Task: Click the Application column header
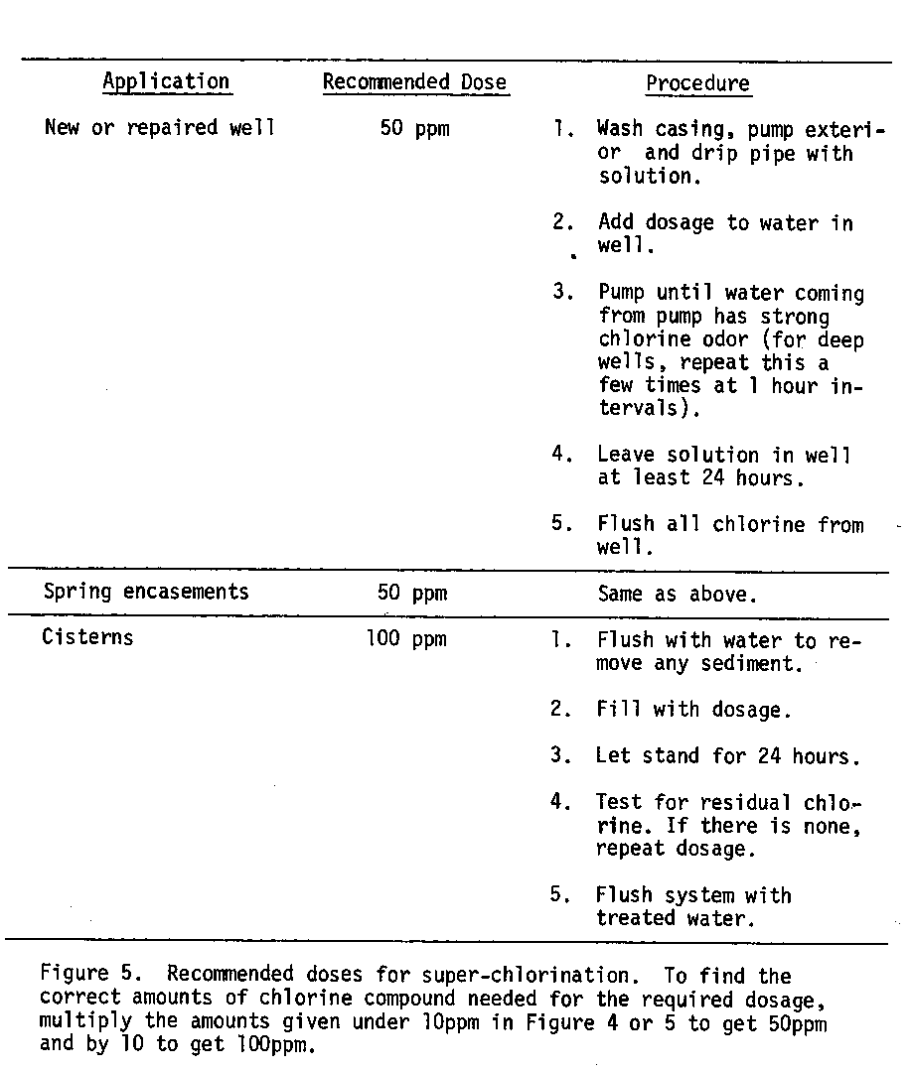pyautogui.click(x=166, y=82)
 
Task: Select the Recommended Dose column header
pyautogui.click(x=414, y=82)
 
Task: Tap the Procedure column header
pyautogui.click(x=697, y=83)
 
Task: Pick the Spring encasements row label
pyautogui.click(x=146, y=593)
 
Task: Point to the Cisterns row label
pyautogui.click(x=87, y=637)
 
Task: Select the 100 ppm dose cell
pyautogui.click(x=406, y=638)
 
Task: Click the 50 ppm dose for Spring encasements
pyautogui.click(x=413, y=594)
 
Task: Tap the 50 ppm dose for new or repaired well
pyautogui.click(x=414, y=129)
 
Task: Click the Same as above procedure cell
pyautogui.click(x=678, y=594)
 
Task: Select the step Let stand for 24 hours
pyautogui.click(x=728, y=756)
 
